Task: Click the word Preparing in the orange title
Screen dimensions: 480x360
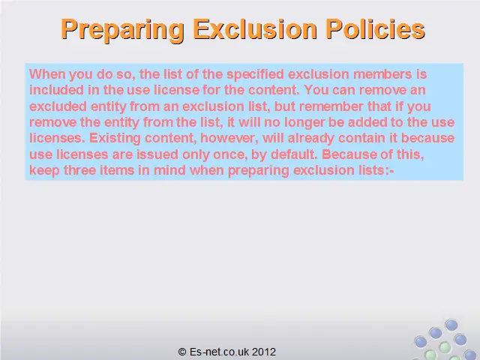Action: [x=122, y=30]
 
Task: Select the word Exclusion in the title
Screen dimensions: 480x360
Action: [x=255, y=28]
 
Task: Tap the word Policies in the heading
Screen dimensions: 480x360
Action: [x=375, y=28]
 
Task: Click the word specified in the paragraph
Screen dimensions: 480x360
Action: [x=255, y=75]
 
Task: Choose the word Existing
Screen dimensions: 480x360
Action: [x=115, y=138]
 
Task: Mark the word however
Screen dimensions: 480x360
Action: [x=229, y=138]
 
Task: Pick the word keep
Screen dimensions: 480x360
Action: [x=44, y=170]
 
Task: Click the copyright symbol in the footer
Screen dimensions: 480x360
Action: [x=182, y=352]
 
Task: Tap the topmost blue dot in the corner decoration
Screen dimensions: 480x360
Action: [x=451, y=325]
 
